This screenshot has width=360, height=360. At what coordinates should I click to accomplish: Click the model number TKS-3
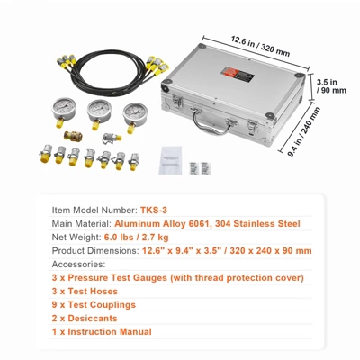(154, 210)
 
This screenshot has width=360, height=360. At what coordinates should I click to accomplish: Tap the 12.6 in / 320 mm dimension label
(260, 46)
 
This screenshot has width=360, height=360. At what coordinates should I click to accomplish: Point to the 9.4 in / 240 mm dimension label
(304, 131)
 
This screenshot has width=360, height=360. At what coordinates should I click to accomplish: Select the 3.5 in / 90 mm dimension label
(331, 86)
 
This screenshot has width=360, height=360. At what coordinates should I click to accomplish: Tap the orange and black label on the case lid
(238, 74)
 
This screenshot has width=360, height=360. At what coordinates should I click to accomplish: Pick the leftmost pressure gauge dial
(63, 109)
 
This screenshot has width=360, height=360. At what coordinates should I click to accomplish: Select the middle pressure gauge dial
(99, 111)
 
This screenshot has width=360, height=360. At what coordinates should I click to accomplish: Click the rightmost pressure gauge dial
(135, 114)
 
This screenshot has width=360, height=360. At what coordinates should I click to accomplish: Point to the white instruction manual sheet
(170, 160)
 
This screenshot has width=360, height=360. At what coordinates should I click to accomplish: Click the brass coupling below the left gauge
(73, 136)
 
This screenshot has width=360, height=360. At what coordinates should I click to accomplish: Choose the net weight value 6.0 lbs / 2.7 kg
(136, 238)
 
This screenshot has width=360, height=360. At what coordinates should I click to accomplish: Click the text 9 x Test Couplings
(94, 305)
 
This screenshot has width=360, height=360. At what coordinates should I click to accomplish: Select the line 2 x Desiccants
(85, 319)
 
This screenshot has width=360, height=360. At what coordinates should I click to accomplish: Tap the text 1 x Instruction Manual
(102, 332)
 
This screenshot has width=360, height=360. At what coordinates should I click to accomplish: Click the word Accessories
(78, 265)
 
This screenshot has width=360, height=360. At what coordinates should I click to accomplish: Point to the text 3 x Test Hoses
(85, 292)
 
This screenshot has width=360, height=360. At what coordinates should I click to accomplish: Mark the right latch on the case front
(252, 128)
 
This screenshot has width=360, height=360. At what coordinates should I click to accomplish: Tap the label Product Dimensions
(95, 251)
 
